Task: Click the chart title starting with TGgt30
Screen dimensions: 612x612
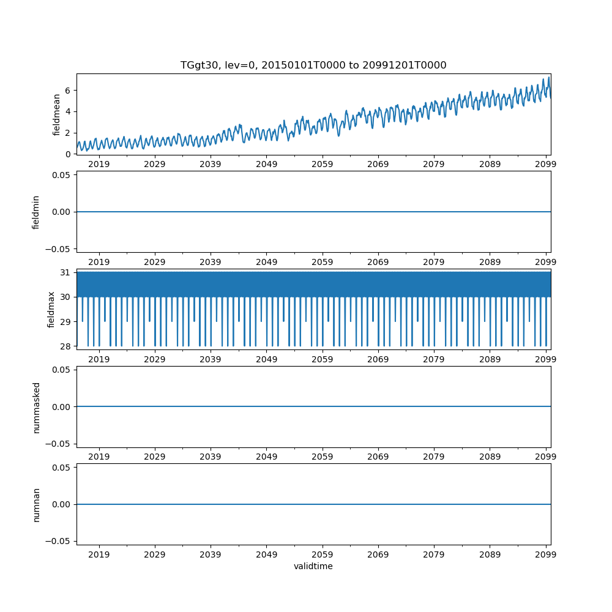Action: [x=313, y=65]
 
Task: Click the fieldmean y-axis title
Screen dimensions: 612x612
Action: [x=56, y=114]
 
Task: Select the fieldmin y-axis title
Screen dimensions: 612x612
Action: [x=36, y=212]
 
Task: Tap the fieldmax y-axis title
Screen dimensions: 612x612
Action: [x=51, y=310]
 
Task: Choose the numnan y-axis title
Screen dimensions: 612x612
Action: [x=36, y=504]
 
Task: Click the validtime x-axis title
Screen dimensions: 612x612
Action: [x=313, y=567]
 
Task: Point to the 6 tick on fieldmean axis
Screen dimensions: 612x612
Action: [x=69, y=91]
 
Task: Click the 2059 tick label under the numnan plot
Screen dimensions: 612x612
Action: [x=322, y=554]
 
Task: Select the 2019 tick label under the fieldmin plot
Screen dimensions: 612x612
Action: [x=99, y=262]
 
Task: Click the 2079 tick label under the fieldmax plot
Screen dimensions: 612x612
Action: [x=434, y=359]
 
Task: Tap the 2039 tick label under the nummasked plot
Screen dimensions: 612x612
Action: [x=211, y=457]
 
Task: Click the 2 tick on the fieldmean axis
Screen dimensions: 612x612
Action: [x=69, y=133]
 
